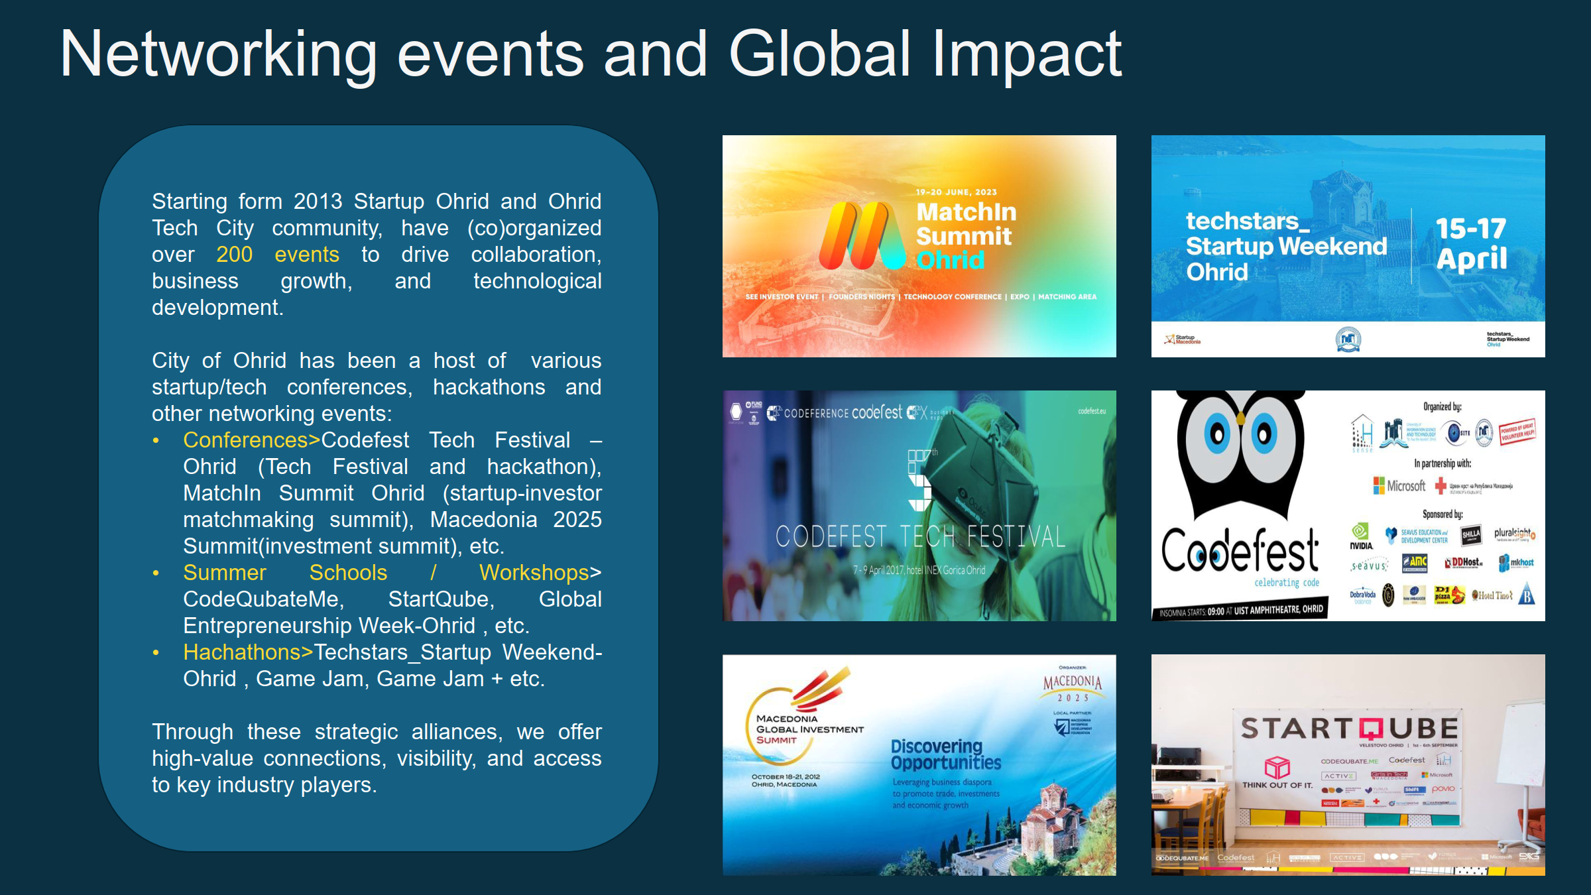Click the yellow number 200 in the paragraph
(x=234, y=255)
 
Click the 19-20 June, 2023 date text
(x=956, y=192)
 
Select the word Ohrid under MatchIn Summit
(x=949, y=261)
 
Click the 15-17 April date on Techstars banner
(x=1471, y=243)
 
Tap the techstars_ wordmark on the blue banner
(x=1247, y=221)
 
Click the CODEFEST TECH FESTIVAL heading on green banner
(x=920, y=536)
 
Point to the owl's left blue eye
(x=1217, y=434)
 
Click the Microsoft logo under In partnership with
(x=1399, y=486)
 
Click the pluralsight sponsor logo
(x=1514, y=533)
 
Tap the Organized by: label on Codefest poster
(x=1442, y=406)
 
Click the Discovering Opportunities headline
(x=945, y=754)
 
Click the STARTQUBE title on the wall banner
(x=1349, y=729)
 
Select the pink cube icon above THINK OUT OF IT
(x=1277, y=767)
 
